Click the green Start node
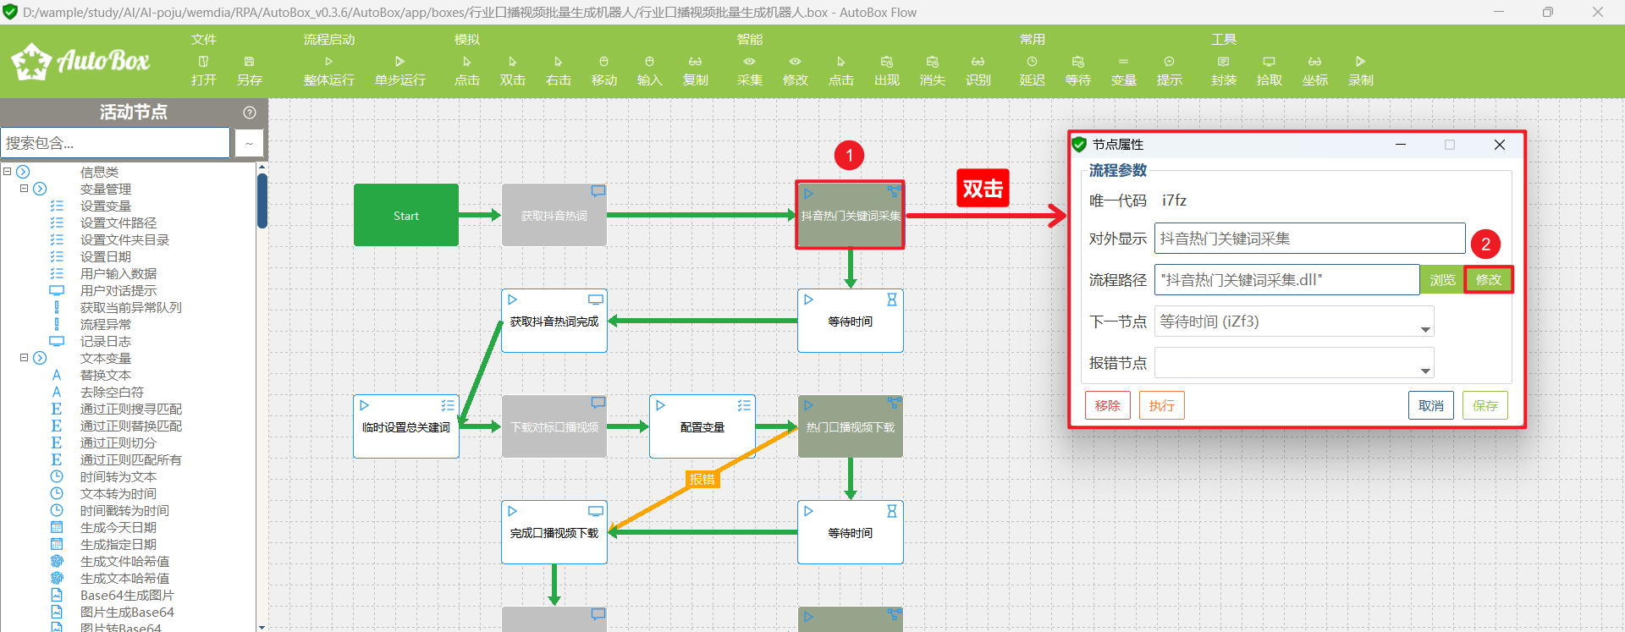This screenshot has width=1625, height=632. click(406, 216)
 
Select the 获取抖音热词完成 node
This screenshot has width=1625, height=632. click(554, 321)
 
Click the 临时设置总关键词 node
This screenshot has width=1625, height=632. click(406, 427)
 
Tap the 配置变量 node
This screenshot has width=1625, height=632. click(702, 427)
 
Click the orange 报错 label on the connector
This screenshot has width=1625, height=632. click(702, 480)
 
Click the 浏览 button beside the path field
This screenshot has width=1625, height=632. click(1442, 280)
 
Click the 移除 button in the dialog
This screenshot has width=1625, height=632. click(1107, 406)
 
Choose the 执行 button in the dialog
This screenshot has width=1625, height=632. click(1161, 406)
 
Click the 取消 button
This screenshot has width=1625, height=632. click(1430, 406)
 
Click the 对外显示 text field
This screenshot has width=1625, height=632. click(1309, 239)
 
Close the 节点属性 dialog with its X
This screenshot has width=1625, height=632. click(1499, 145)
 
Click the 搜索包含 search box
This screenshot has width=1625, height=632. click(115, 143)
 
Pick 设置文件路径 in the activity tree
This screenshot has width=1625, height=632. click(118, 223)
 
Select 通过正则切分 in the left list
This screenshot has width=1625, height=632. click(118, 443)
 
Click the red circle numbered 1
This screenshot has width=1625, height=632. click(849, 156)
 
